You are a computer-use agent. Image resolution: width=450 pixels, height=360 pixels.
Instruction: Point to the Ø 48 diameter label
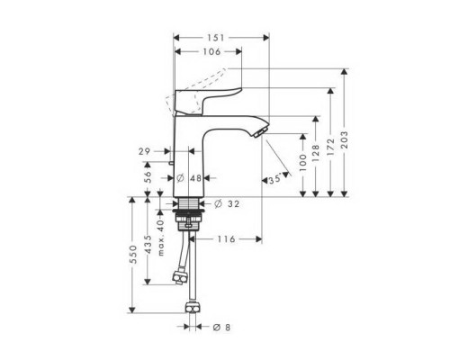pyautogui.click(x=189, y=178)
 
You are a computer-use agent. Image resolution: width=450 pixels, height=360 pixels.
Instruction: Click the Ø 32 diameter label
pyautogui.click(x=229, y=204)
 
